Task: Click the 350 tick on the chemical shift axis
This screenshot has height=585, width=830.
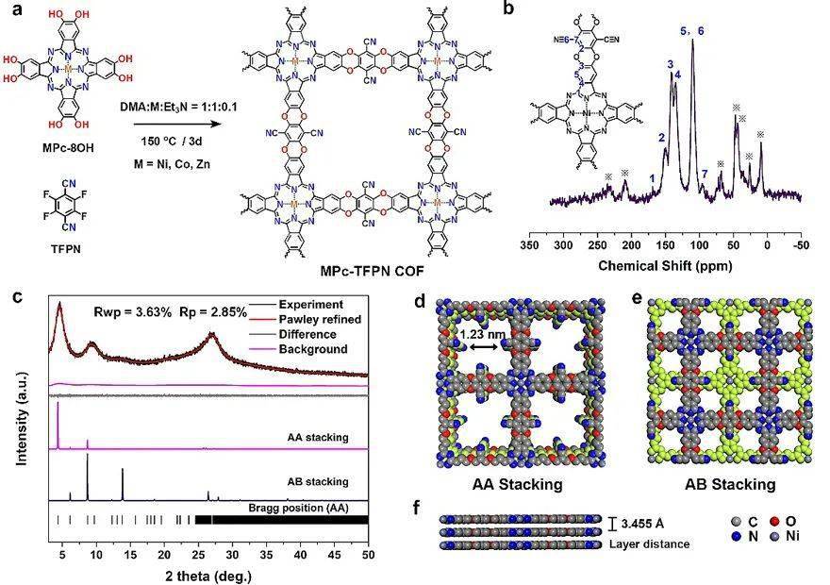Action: pos(529,244)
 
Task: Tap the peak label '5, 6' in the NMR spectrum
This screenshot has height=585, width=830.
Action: pos(692,31)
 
